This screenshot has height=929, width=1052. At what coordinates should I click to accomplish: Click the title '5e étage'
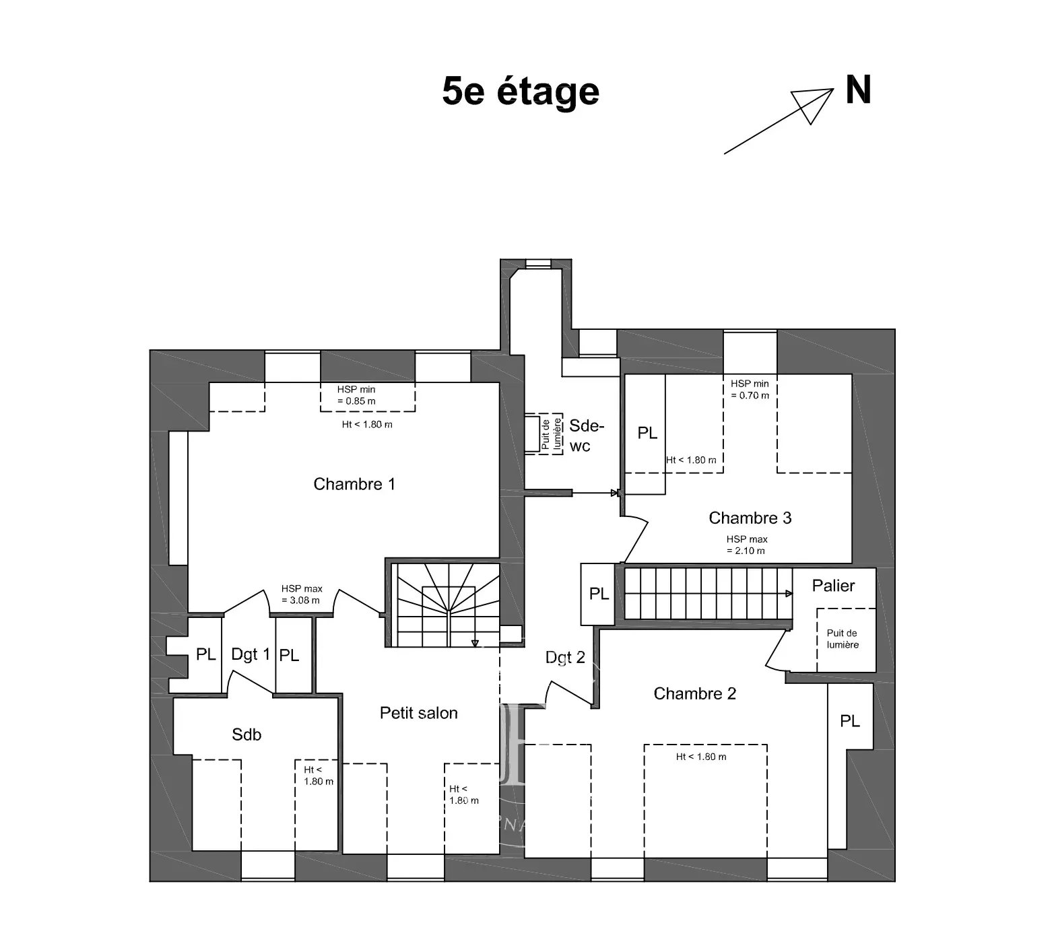pyautogui.click(x=521, y=92)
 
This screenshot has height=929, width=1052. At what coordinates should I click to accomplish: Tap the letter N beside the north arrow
pyautogui.click(x=858, y=90)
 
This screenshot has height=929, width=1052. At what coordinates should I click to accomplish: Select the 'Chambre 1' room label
pyautogui.click(x=354, y=484)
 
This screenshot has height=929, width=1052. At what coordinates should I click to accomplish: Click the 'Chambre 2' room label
pyautogui.click(x=695, y=693)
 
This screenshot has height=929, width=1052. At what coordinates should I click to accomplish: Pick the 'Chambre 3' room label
pyautogui.click(x=750, y=518)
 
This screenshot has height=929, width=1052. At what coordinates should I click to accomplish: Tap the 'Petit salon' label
pyautogui.click(x=419, y=713)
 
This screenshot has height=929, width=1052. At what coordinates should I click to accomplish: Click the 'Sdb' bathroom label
pyautogui.click(x=246, y=734)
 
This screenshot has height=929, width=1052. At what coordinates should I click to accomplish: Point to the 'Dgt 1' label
pyautogui.click(x=251, y=654)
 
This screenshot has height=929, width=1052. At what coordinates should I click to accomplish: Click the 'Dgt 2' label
pyautogui.click(x=565, y=658)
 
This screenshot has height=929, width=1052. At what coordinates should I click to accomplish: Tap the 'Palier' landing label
pyautogui.click(x=833, y=586)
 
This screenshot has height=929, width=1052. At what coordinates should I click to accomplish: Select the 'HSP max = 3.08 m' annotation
pyautogui.click(x=301, y=594)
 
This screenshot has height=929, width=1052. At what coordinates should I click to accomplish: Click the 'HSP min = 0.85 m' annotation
pyautogui.click(x=356, y=395)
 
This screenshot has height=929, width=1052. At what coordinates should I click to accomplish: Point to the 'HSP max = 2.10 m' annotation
pyautogui.click(x=747, y=545)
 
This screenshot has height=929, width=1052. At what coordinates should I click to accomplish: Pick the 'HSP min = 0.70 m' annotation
pyautogui.click(x=750, y=389)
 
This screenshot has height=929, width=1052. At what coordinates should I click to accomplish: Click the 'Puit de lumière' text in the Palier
pyautogui.click(x=843, y=639)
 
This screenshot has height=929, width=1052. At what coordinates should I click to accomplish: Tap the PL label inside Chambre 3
pyautogui.click(x=647, y=434)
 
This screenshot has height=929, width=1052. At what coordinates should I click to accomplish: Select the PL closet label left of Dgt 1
pyautogui.click(x=206, y=654)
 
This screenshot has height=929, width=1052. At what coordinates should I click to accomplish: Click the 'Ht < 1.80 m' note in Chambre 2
pyautogui.click(x=701, y=757)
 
